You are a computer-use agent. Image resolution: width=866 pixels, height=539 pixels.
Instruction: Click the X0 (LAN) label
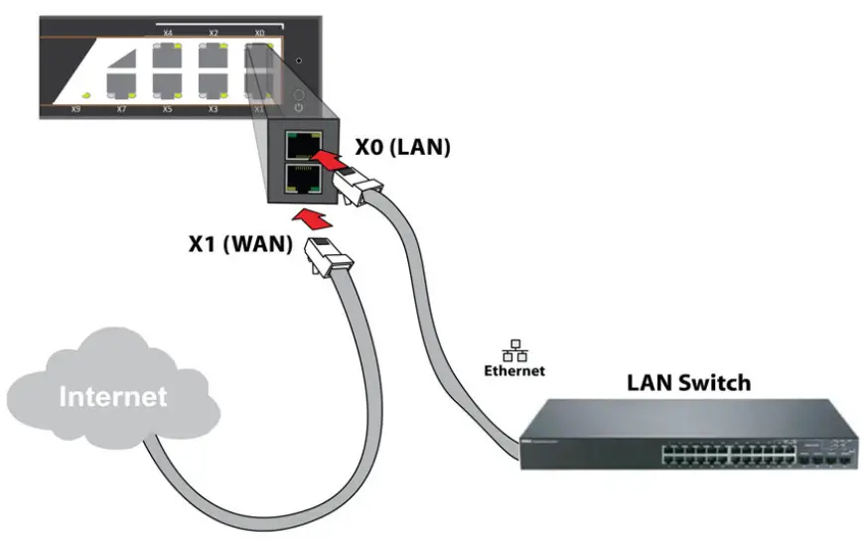[402, 147]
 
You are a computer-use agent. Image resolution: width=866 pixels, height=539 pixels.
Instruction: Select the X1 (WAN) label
[240, 243]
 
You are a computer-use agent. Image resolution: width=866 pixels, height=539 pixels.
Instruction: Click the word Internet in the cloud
[112, 397]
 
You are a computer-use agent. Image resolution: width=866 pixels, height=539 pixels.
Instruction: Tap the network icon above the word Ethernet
[514, 352]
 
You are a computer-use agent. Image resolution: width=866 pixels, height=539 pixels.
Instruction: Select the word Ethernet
[514, 371]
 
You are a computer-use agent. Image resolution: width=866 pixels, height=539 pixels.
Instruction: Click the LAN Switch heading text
[688, 382]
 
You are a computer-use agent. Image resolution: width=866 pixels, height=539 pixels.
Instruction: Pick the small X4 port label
[167, 34]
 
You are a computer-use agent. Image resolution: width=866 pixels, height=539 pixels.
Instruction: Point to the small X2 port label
[214, 34]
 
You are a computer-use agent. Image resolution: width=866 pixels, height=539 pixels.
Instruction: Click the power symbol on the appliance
[299, 105]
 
